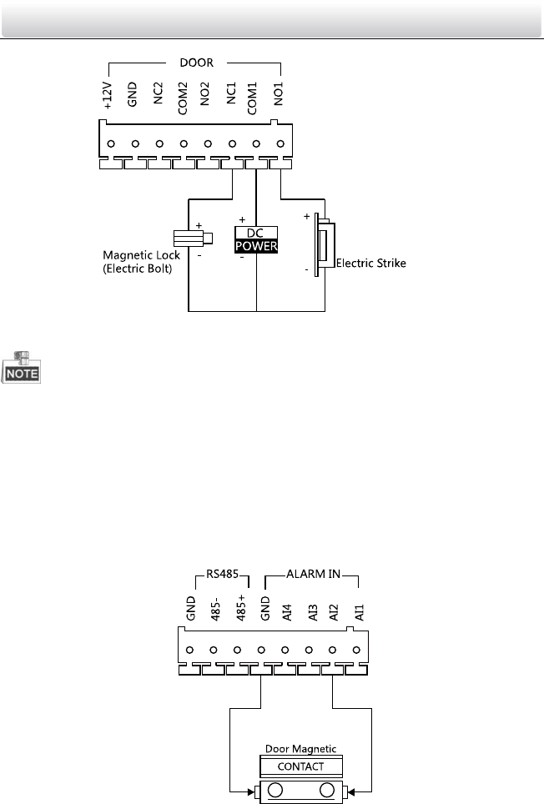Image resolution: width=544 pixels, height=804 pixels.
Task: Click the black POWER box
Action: [x=255, y=247]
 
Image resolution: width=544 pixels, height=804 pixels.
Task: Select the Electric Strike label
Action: [x=370, y=263]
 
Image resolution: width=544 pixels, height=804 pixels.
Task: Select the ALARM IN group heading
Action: [x=311, y=575]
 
